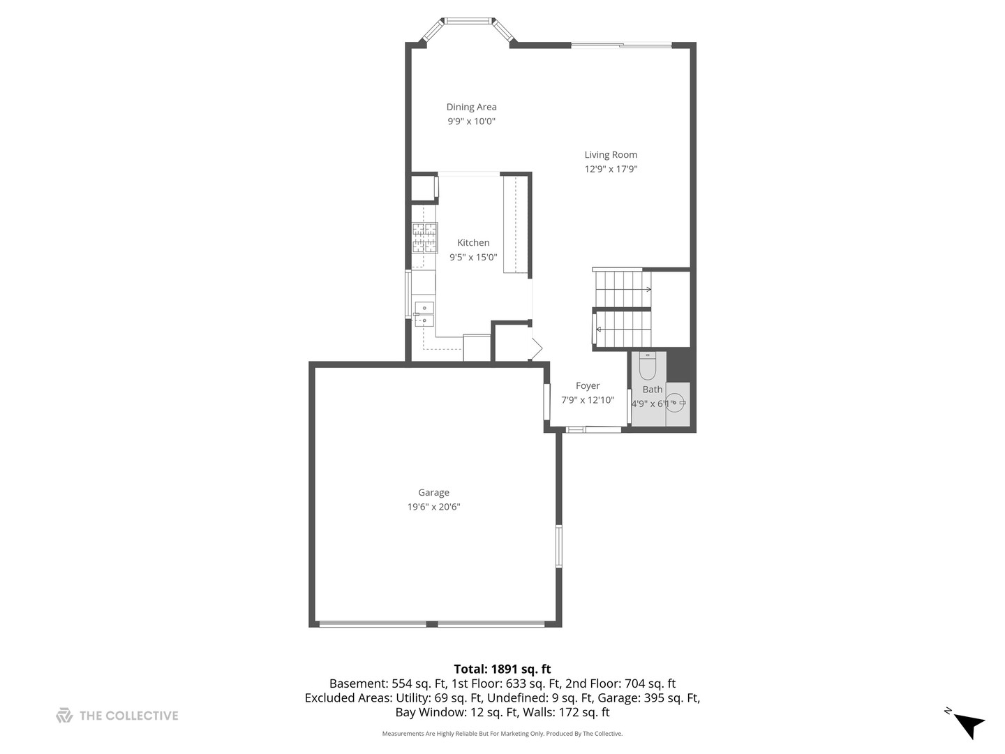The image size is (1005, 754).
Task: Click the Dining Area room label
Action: click(x=471, y=107)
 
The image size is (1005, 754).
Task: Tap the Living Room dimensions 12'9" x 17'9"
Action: click(x=611, y=169)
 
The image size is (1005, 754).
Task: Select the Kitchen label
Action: click(x=473, y=242)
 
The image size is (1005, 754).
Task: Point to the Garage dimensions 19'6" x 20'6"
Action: click(x=433, y=507)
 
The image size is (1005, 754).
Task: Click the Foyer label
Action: click(x=588, y=385)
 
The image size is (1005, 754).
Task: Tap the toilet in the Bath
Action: click(x=648, y=367)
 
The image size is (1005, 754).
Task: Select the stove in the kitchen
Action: click(x=424, y=238)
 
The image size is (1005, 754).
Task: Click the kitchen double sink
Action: click(x=424, y=315)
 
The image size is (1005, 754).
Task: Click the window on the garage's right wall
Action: click(x=558, y=545)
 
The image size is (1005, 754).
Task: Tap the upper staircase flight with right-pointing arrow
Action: click(x=621, y=288)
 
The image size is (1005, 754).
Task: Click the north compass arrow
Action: click(x=968, y=724)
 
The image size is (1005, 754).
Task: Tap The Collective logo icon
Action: click(x=64, y=716)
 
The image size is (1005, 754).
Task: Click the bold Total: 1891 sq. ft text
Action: click(x=502, y=669)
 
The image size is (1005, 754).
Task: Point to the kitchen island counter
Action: click(x=516, y=224)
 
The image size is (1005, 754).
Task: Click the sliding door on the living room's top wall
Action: click(x=621, y=45)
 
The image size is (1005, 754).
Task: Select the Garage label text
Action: click(x=433, y=492)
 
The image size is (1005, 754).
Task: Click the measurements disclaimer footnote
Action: click(x=502, y=734)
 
